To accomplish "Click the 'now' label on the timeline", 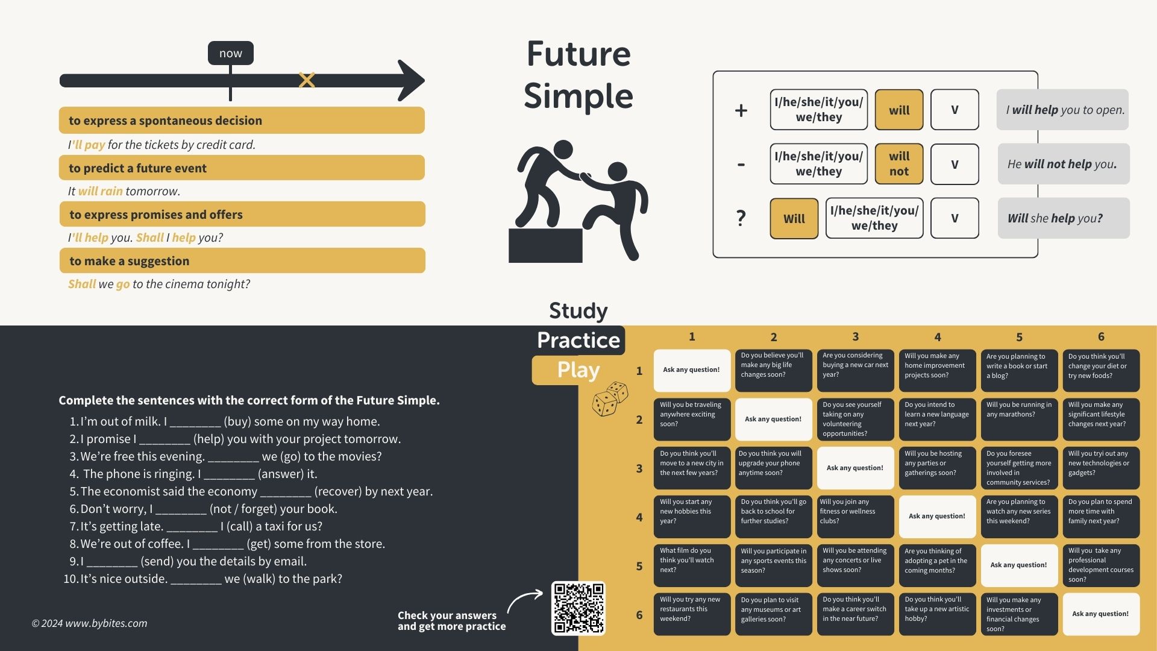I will [x=230, y=53].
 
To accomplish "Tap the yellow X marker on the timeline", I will [x=307, y=80].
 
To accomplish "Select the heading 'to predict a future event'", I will [x=137, y=168].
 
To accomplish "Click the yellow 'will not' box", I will [x=898, y=163].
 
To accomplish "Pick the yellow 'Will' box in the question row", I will [x=794, y=218].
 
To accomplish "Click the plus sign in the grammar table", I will [x=741, y=110].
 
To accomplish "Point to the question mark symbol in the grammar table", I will [x=741, y=218].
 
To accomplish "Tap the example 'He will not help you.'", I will [x=1062, y=164].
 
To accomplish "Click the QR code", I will [x=578, y=608].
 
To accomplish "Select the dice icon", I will [x=610, y=398].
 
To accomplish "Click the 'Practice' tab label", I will [x=578, y=340].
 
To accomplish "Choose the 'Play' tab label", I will [x=578, y=370].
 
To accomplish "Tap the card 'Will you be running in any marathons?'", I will [x=1019, y=419].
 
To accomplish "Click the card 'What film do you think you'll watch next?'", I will [x=692, y=565].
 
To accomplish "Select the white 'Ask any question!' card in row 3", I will [x=855, y=468].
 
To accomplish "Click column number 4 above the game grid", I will [x=938, y=337].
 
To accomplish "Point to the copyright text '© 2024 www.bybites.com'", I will [x=89, y=623].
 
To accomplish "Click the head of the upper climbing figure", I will [x=563, y=150].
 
